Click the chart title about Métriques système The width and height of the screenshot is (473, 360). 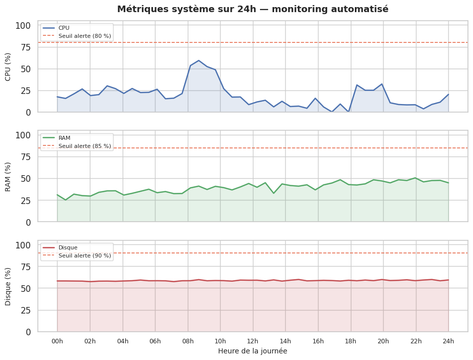pos(252,9)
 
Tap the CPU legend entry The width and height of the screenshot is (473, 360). pos(64,28)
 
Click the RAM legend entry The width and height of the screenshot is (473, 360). pos(64,138)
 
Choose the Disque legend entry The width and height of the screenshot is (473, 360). pos(68,247)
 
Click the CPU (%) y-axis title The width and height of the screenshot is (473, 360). pos(8,67)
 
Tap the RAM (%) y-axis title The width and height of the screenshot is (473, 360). pos(8,177)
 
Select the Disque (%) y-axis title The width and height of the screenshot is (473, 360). pos(8,286)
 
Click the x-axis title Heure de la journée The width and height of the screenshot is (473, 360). pos(252,351)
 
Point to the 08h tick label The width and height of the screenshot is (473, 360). pos(188,341)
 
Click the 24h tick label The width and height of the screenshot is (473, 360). pos(448,341)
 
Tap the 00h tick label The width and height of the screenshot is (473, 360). pos(57,341)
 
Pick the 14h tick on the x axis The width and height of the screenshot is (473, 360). pos(286,341)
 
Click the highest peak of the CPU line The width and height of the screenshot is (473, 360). pos(198,61)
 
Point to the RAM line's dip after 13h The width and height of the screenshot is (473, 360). pos(274,193)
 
